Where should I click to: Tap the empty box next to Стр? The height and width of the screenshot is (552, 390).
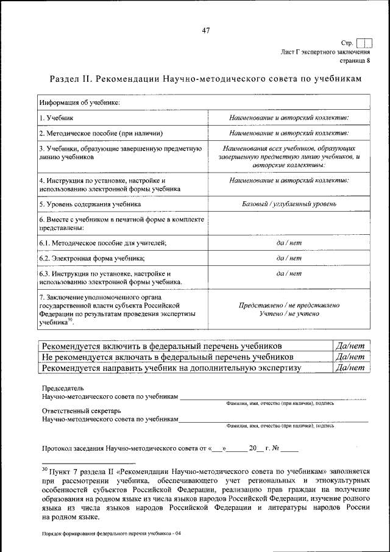[364, 43]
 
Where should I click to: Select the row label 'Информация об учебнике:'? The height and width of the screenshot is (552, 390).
[79, 102]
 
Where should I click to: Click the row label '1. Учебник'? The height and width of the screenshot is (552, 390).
[57, 117]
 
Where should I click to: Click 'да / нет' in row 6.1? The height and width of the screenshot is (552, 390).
[289, 243]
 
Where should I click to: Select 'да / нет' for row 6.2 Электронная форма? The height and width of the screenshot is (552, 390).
[289, 258]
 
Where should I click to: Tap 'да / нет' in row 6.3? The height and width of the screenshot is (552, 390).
[289, 274]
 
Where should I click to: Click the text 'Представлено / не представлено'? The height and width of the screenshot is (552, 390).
[289, 305]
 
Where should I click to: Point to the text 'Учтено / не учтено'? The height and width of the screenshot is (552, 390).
[289, 314]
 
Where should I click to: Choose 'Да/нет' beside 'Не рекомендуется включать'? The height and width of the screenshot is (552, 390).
[350, 356]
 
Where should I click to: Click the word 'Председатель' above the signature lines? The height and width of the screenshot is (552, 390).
[63, 388]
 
